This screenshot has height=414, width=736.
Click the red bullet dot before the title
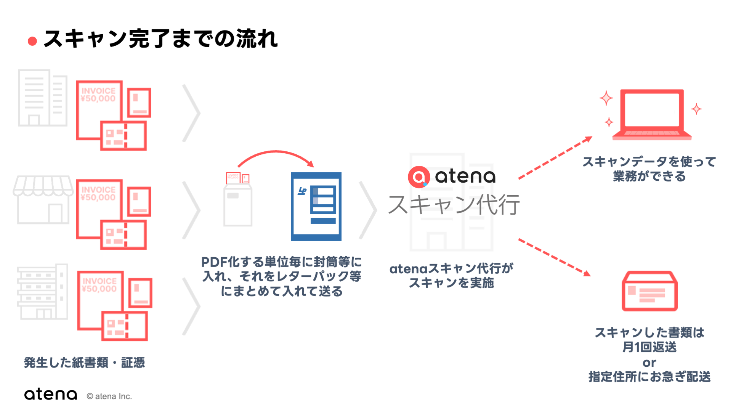point(32,41)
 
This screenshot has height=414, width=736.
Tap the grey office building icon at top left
point(42,98)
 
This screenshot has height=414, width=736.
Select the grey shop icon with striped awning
point(43,200)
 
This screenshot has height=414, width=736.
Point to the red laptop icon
point(652,114)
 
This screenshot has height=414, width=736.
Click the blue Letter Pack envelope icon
point(316,206)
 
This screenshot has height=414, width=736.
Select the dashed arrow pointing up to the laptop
point(555,158)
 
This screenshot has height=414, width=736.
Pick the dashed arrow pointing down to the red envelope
point(554,257)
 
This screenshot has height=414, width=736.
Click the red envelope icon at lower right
point(649,291)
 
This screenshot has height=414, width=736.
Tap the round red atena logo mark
point(419,177)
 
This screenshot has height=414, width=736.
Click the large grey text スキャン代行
point(454,205)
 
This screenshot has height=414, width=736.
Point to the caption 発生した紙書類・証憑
point(84,363)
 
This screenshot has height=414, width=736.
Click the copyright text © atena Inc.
point(109,396)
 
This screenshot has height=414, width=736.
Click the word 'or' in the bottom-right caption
point(649,363)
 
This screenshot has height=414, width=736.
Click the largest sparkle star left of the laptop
point(606,98)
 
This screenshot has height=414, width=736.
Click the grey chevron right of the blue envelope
point(367,210)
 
